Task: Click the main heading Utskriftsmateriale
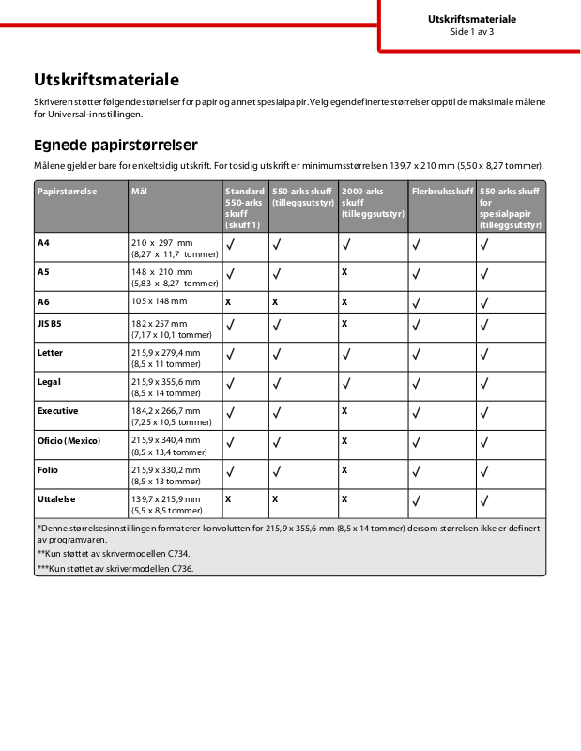[x=106, y=80]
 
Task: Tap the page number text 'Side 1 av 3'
[x=471, y=31]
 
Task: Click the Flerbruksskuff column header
[x=442, y=191]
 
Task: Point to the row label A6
[x=43, y=301]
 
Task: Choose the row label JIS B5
[x=49, y=323]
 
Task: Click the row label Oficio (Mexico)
[x=69, y=440]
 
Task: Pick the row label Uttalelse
[x=56, y=499]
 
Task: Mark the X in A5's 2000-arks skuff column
[x=344, y=272]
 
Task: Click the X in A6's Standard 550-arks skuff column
[x=228, y=302]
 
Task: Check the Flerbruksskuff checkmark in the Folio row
[x=416, y=475]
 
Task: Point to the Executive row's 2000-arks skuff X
[x=344, y=411]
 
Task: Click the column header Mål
[x=140, y=191]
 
